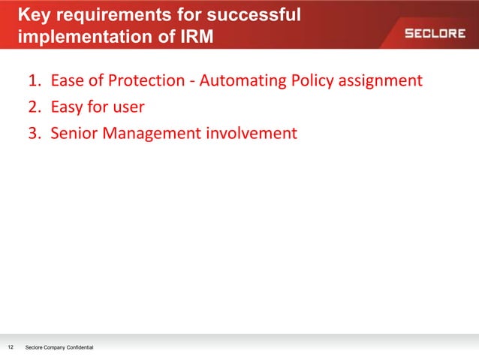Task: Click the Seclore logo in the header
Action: pyautogui.click(x=435, y=33)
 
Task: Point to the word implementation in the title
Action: pyautogui.click(x=82, y=37)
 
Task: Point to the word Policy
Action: pyautogui.click(x=310, y=80)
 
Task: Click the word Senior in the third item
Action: pyautogui.click(x=74, y=134)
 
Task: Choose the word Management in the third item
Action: pyautogui.click(x=150, y=134)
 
